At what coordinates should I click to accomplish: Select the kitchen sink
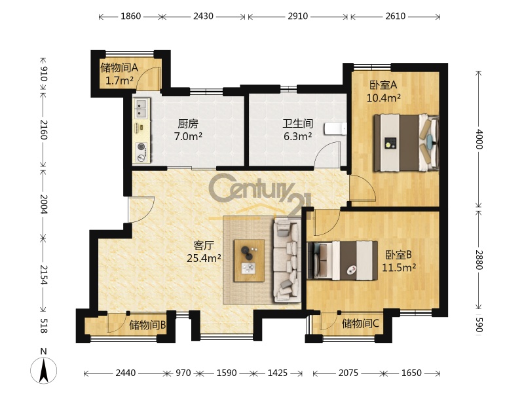[141, 107]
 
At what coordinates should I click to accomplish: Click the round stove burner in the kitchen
[141, 147]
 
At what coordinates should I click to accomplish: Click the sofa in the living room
[287, 260]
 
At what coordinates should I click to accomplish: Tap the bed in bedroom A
[406, 143]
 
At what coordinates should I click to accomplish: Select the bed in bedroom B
[342, 261]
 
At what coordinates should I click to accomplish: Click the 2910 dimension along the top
[298, 16]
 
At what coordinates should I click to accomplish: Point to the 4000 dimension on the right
[479, 139]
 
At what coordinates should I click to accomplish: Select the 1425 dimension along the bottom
[277, 373]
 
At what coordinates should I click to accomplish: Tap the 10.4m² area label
[384, 98]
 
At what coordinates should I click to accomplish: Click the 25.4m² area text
[204, 258]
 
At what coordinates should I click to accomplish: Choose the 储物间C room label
[360, 324]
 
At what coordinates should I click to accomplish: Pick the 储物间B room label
[147, 325]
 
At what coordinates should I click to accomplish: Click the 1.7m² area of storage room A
[119, 80]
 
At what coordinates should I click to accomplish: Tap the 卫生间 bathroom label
[298, 124]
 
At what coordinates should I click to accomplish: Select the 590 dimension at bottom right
[479, 324]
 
